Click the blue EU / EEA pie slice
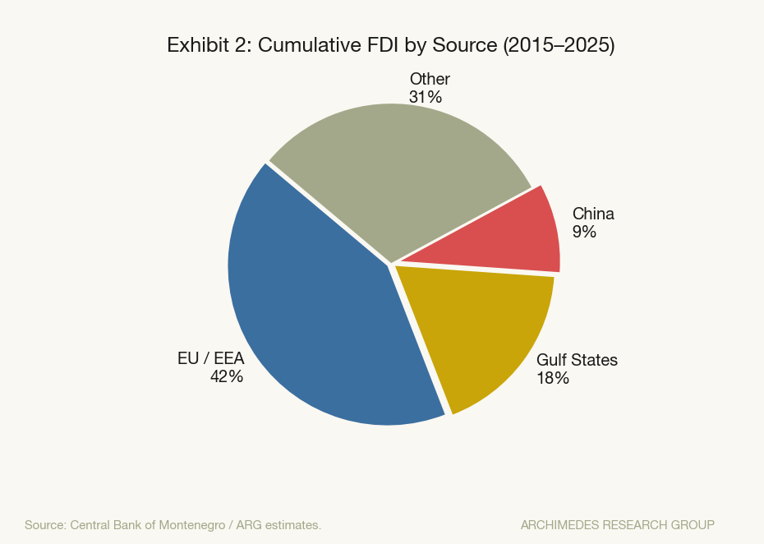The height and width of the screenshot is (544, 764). (312, 312)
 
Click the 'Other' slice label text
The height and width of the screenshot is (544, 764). (430, 80)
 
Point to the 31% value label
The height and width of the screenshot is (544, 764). (426, 97)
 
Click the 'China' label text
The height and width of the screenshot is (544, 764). (593, 214)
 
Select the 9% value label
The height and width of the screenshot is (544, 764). (585, 232)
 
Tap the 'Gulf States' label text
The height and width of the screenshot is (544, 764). (577, 360)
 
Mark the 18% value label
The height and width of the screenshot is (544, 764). (553, 378)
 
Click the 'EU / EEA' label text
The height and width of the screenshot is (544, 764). (210, 359)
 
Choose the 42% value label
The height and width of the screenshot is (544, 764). (226, 377)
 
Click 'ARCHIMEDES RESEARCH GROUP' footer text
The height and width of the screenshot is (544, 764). (617, 524)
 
